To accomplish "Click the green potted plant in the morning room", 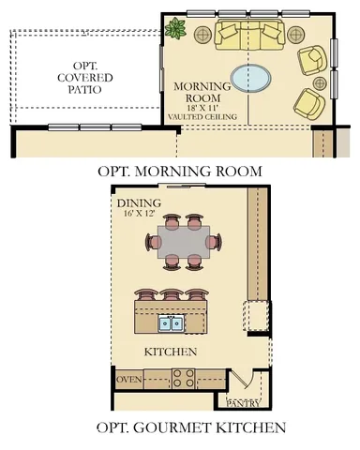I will pyautogui.click(x=174, y=29).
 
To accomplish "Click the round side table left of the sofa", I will pyautogui.click(x=202, y=35).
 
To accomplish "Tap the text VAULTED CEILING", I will pyautogui.click(x=203, y=117).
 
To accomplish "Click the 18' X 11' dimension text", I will pyautogui.click(x=203, y=108).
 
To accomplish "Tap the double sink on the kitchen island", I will pyautogui.click(x=171, y=323).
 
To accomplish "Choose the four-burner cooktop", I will pyautogui.click(x=183, y=379).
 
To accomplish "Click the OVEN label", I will pyautogui.click(x=128, y=380).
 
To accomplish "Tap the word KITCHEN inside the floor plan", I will pyautogui.click(x=170, y=352).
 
